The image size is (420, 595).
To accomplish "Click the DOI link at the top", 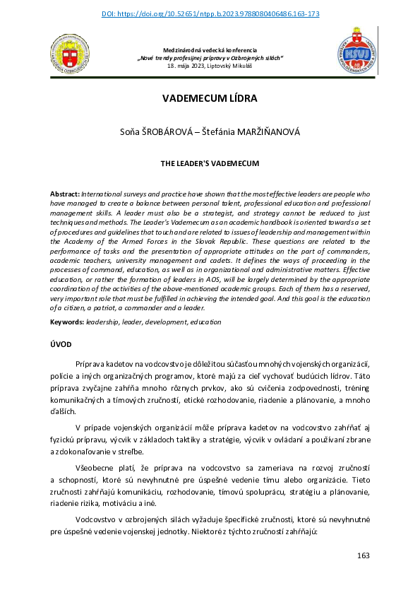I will click(210, 13).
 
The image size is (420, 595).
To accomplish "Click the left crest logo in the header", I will click(69, 56).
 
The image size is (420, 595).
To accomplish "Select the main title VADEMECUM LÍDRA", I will click(210, 98).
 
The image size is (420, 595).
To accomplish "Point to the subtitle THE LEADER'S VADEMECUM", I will click(210, 163).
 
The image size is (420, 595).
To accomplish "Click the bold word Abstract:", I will click(65, 193).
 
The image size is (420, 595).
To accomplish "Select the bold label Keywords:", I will click(66, 322).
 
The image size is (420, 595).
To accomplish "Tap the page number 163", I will click(363, 555).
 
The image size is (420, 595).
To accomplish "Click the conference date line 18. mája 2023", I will click(210, 65).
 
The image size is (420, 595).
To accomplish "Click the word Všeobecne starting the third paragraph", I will click(95, 469).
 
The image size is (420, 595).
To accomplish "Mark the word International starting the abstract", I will click(104, 193).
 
